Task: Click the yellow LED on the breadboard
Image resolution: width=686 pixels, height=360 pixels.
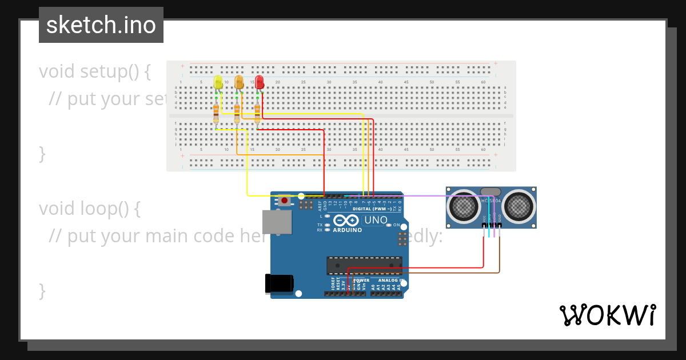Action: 218,83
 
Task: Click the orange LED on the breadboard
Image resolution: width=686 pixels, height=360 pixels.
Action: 238,83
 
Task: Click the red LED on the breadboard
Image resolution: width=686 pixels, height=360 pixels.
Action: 259,82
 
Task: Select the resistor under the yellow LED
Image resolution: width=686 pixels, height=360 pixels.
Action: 216,113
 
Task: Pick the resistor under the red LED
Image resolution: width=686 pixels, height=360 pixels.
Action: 257,113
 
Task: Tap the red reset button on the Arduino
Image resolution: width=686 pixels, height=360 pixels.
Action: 285,200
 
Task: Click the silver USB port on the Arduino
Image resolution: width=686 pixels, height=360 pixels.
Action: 277,222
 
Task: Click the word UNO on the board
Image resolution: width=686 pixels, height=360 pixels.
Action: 376,220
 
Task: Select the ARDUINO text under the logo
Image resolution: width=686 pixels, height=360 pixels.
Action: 348,230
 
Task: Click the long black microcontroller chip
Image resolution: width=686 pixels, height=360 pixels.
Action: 364,266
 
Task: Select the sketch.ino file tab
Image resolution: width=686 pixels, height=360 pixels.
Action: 101,25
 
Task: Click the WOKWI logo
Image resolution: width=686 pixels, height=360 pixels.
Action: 607,315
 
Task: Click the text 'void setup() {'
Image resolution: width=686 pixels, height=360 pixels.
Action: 95,71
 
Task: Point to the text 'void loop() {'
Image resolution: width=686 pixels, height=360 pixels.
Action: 90,209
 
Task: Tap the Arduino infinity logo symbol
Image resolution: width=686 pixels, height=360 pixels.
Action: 348,220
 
